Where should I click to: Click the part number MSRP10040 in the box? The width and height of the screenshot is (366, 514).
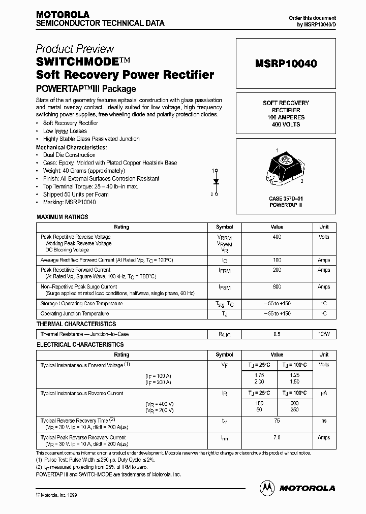(286, 64)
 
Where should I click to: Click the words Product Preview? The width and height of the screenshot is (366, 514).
(75, 49)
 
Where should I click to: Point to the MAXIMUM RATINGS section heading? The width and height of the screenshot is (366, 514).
(63, 217)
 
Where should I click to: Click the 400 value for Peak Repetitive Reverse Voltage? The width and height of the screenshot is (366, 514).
(277, 237)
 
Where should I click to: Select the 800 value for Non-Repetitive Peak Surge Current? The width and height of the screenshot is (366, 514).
(277, 287)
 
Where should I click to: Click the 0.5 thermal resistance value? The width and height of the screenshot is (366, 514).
(277, 334)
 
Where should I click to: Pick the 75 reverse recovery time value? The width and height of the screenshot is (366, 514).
(277, 421)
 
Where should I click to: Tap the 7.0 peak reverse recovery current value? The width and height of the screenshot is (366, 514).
(277, 437)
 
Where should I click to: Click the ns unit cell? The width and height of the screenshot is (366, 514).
(324, 421)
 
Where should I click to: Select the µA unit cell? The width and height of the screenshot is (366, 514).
(324, 394)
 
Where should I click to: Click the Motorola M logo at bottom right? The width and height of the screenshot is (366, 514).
(266, 488)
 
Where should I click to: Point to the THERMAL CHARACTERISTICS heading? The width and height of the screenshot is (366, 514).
(76, 324)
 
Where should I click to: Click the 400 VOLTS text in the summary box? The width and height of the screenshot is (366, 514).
(285, 124)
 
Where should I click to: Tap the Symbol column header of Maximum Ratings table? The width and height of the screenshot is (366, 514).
(224, 227)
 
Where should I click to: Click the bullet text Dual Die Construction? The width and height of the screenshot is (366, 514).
(69, 155)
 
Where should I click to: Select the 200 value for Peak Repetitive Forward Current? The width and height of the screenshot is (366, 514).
(277, 270)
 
